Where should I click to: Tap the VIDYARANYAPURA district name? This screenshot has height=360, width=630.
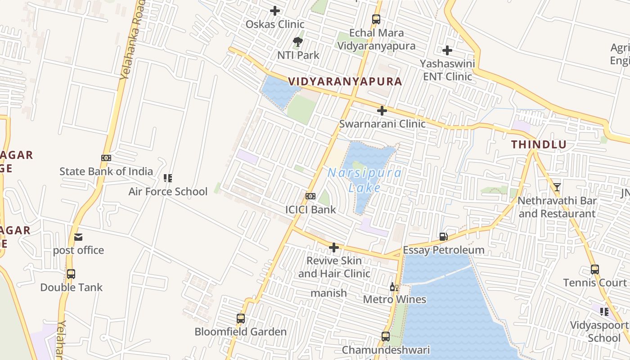click(x=345, y=81)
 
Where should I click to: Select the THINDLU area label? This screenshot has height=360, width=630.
click(x=539, y=144)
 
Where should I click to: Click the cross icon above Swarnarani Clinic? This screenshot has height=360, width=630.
click(x=382, y=111)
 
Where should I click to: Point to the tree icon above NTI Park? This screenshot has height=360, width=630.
click(x=297, y=42)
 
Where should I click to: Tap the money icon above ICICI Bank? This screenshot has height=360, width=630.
click(x=310, y=196)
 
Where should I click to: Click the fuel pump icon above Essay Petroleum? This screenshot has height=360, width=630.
click(x=443, y=237)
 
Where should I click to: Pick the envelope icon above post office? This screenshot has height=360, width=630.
click(x=78, y=237)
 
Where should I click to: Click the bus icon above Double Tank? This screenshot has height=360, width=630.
click(x=71, y=274)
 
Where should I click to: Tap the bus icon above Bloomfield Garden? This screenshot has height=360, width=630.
click(x=241, y=319)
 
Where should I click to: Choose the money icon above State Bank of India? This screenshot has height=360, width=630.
click(x=106, y=158)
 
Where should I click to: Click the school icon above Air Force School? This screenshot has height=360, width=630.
click(x=168, y=178)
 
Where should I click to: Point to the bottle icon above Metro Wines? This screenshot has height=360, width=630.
click(x=394, y=287)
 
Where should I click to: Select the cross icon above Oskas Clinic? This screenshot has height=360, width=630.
click(x=275, y=11)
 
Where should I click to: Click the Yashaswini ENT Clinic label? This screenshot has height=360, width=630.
click(x=447, y=70)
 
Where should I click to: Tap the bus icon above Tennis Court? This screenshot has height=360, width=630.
click(x=595, y=270)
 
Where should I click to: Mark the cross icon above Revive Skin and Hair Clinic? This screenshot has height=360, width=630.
click(x=333, y=247)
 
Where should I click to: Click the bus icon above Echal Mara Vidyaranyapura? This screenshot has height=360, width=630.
click(x=376, y=19)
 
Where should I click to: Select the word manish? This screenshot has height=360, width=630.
click(x=329, y=293)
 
